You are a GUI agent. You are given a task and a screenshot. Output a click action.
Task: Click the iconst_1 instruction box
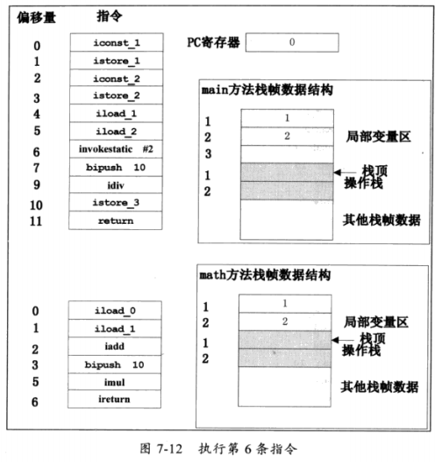pos(115,42)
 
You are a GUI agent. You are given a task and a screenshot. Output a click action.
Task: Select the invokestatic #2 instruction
pos(115,149)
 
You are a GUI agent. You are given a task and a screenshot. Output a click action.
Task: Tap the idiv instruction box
pos(115,185)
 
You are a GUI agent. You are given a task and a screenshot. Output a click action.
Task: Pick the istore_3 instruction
pos(115,203)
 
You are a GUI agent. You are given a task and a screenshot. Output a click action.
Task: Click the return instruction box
pos(115,220)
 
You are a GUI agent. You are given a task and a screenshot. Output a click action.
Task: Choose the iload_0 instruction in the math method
pos(115,310)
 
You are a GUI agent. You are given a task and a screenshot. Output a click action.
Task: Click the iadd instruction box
pos(115,346)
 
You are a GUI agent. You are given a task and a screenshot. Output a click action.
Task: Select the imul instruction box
pos(115,382)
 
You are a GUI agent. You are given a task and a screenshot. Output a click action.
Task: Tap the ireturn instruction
pos(115,401)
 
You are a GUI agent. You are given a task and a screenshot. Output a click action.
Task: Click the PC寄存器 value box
pos(292,41)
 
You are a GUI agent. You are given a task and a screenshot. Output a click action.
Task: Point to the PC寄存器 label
pos(214,41)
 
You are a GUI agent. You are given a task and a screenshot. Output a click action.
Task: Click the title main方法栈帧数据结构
pos(266,90)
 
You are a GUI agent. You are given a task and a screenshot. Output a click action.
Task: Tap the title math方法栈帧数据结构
pos(266,275)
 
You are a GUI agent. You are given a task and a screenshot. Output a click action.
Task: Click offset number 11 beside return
pos(35,220)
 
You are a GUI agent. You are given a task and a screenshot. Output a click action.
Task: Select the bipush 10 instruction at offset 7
pos(115,167)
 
